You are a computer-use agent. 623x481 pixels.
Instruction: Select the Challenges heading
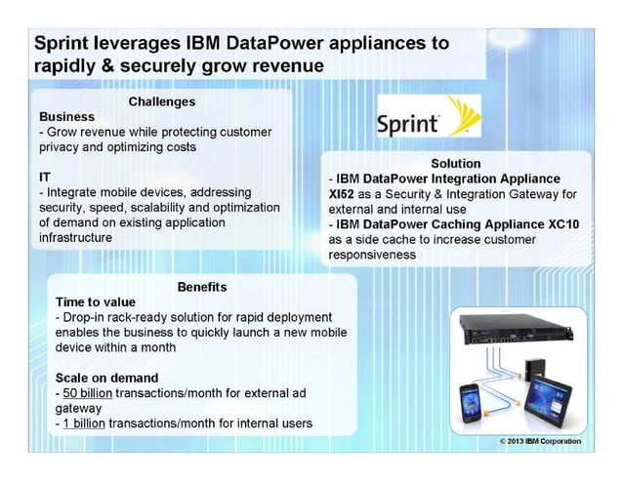[x=162, y=101]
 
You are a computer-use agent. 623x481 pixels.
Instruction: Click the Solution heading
[x=455, y=164]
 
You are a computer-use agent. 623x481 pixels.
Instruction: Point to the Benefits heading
[x=202, y=287]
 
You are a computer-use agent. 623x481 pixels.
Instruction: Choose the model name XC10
[x=566, y=223]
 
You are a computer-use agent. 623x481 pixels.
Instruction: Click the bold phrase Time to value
[x=96, y=301]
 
